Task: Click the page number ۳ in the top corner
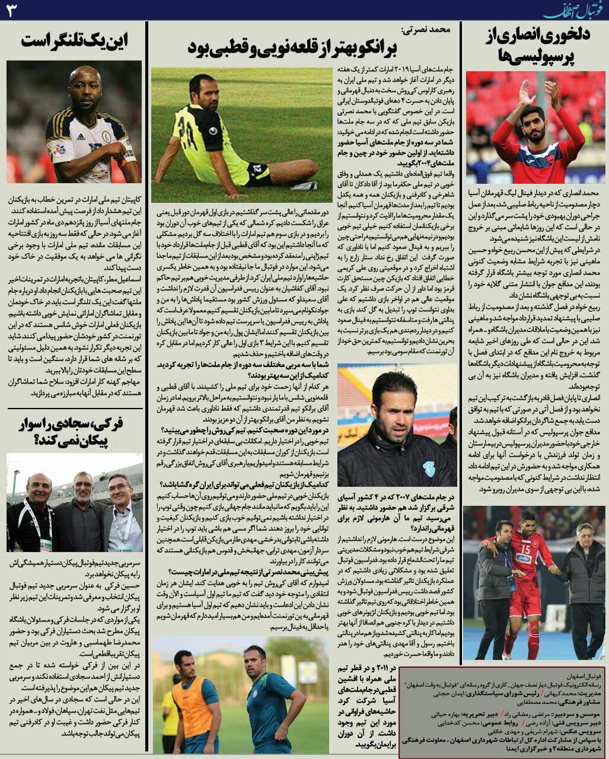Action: pos(11,11)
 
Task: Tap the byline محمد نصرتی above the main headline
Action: pos(426,28)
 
